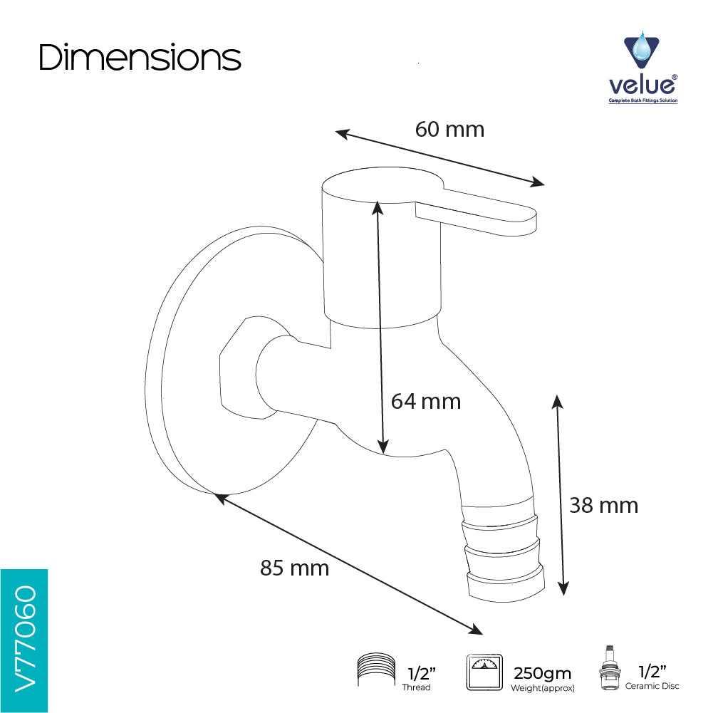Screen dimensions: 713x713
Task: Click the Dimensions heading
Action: click(140, 58)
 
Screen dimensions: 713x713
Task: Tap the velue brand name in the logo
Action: click(642, 85)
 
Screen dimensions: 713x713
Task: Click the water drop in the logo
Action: click(642, 46)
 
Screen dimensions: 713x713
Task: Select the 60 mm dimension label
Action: click(449, 130)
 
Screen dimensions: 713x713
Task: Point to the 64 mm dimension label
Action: click(426, 402)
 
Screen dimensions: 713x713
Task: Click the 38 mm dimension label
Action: click(604, 506)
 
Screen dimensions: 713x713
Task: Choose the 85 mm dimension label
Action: click(295, 568)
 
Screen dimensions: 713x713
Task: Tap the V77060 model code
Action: click(26, 638)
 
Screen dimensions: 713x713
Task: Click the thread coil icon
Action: click(376, 670)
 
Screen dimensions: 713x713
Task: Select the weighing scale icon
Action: click(485, 672)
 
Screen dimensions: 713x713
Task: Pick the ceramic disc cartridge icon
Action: click(609, 667)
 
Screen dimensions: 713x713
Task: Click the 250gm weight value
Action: click(542, 673)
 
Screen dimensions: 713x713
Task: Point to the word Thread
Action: click(416, 687)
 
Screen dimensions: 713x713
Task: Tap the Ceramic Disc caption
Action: click(652, 686)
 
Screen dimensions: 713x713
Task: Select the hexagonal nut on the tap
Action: click(248, 368)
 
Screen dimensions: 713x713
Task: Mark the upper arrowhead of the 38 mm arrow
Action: click(558, 402)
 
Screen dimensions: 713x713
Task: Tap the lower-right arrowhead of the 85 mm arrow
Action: click(476, 630)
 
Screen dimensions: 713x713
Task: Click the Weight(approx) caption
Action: click(543, 689)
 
